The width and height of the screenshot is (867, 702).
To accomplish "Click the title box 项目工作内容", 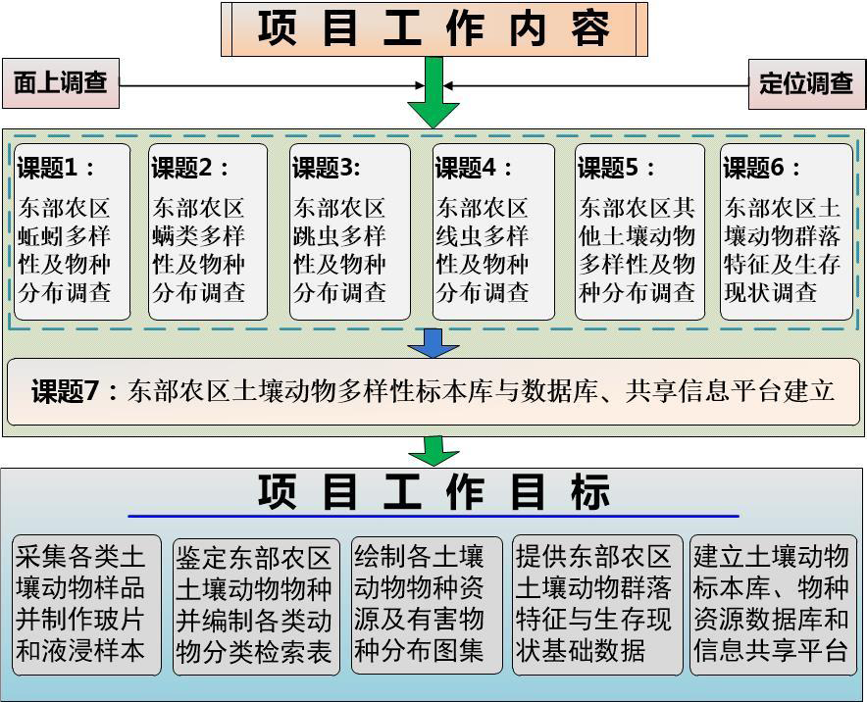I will pyautogui.click(x=433, y=28).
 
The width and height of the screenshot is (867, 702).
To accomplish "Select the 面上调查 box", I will pyautogui.click(x=61, y=83).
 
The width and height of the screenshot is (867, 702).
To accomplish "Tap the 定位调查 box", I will pyautogui.click(x=806, y=83).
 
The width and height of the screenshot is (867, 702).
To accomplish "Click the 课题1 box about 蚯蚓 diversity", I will pyautogui.click(x=72, y=232).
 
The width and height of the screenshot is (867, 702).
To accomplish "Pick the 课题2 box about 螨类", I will pyautogui.click(x=207, y=232).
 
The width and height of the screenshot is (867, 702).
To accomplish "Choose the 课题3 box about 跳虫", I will pyautogui.click(x=349, y=232).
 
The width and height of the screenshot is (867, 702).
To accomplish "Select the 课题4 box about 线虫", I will pyautogui.click(x=493, y=232).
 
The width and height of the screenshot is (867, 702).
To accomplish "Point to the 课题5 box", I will pyautogui.click(x=638, y=232).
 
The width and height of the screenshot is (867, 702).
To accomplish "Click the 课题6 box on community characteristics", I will pyautogui.click(x=787, y=232).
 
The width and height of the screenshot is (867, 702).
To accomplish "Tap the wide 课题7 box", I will pyautogui.click(x=433, y=391).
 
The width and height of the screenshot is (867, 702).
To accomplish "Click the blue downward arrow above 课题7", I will pyautogui.click(x=433, y=343).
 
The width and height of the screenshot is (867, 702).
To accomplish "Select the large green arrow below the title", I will pyautogui.click(x=433, y=94).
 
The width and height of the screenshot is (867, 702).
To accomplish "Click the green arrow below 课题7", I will pyautogui.click(x=433, y=450).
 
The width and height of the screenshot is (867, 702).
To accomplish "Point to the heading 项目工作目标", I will pyautogui.click(x=433, y=492).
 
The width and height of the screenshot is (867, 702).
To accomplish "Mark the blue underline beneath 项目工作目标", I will pyautogui.click(x=433, y=516).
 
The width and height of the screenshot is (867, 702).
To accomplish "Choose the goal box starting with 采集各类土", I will pyautogui.click(x=86, y=604).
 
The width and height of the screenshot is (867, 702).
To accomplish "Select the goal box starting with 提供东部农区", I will pyautogui.click(x=596, y=604).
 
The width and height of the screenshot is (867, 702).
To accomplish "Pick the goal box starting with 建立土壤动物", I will pyautogui.click(x=773, y=604).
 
